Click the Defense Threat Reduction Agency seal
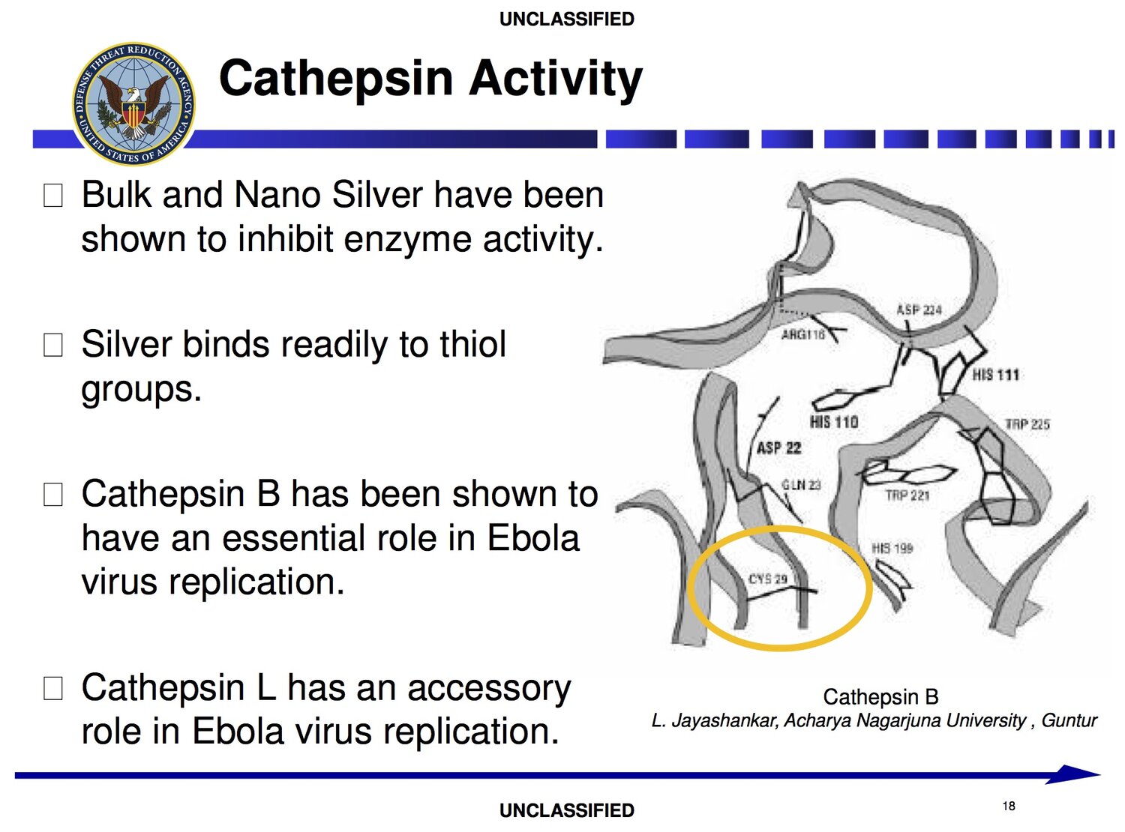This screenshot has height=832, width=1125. click(133, 104)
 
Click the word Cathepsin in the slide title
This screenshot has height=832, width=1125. click(336, 79)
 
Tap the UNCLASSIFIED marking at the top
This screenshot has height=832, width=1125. click(566, 19)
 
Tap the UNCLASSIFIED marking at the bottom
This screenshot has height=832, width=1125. click(566, 810)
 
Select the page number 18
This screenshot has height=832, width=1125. click(1008, 807)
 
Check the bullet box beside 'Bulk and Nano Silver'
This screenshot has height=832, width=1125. click(53, 195)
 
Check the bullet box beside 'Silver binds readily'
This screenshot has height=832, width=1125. click(53, 345)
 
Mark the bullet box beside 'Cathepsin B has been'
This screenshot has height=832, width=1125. click(53, 495)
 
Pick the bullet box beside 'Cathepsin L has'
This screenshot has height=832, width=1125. click(53, 689)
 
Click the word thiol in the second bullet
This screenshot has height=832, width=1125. click(472, 344)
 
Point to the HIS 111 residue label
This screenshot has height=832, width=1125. click(996, 376)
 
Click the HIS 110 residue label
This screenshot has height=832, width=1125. click(834, 422)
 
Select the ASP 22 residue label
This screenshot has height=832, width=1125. click(778, 448)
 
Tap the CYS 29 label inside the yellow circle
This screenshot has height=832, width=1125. click(768, 579)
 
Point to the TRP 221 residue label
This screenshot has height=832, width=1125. click(907, 495)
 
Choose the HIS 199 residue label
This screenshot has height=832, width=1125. click(892, 548)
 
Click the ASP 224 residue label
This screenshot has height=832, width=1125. click(919, 310)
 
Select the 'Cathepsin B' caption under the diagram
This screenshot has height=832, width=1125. click(880, 697)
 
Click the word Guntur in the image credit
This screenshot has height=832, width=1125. click(1069, 720)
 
